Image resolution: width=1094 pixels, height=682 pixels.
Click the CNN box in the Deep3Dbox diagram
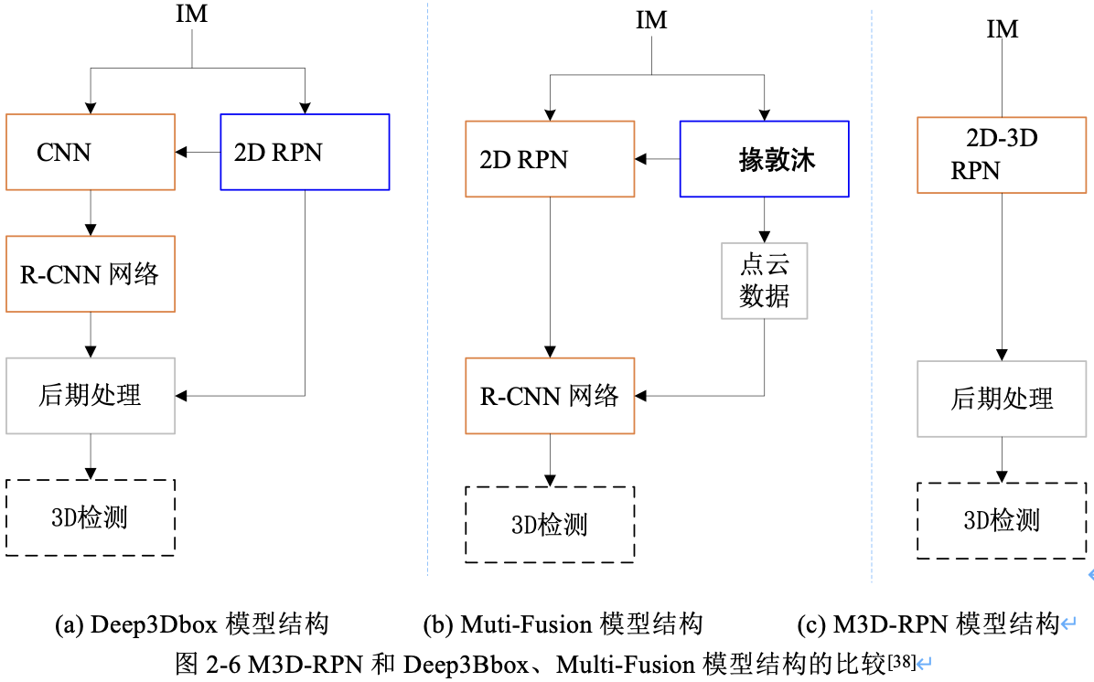click(90, 152)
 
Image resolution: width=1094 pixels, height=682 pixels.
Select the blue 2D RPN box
click(305, 152)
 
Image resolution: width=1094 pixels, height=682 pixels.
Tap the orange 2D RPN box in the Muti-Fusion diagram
click(549, 159)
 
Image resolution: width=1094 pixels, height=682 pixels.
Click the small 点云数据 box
click(764, 280)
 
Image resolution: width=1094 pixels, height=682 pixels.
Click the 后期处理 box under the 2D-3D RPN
click(1002, 398)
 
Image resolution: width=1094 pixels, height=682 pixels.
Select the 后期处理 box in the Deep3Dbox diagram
click(90, 395)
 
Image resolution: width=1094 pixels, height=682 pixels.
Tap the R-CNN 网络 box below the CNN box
click(90, 273)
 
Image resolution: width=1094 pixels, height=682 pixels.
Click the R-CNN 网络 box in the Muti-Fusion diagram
click(549, 395)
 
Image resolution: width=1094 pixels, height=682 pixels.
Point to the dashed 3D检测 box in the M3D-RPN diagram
click(1002, 520)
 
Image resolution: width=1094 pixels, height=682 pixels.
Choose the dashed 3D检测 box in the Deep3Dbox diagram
click(90, 517)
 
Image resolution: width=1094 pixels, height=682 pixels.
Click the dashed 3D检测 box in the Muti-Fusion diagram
click(549, 524)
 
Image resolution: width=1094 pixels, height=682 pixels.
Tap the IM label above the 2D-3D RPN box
click(1003, 28)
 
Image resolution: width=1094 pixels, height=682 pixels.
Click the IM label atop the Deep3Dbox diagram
click(191, 16)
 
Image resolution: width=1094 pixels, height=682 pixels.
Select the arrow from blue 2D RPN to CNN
click(198, 152)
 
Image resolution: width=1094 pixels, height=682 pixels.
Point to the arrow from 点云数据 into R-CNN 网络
click(700, 396)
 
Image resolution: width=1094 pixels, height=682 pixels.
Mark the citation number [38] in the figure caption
click(902, 659)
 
